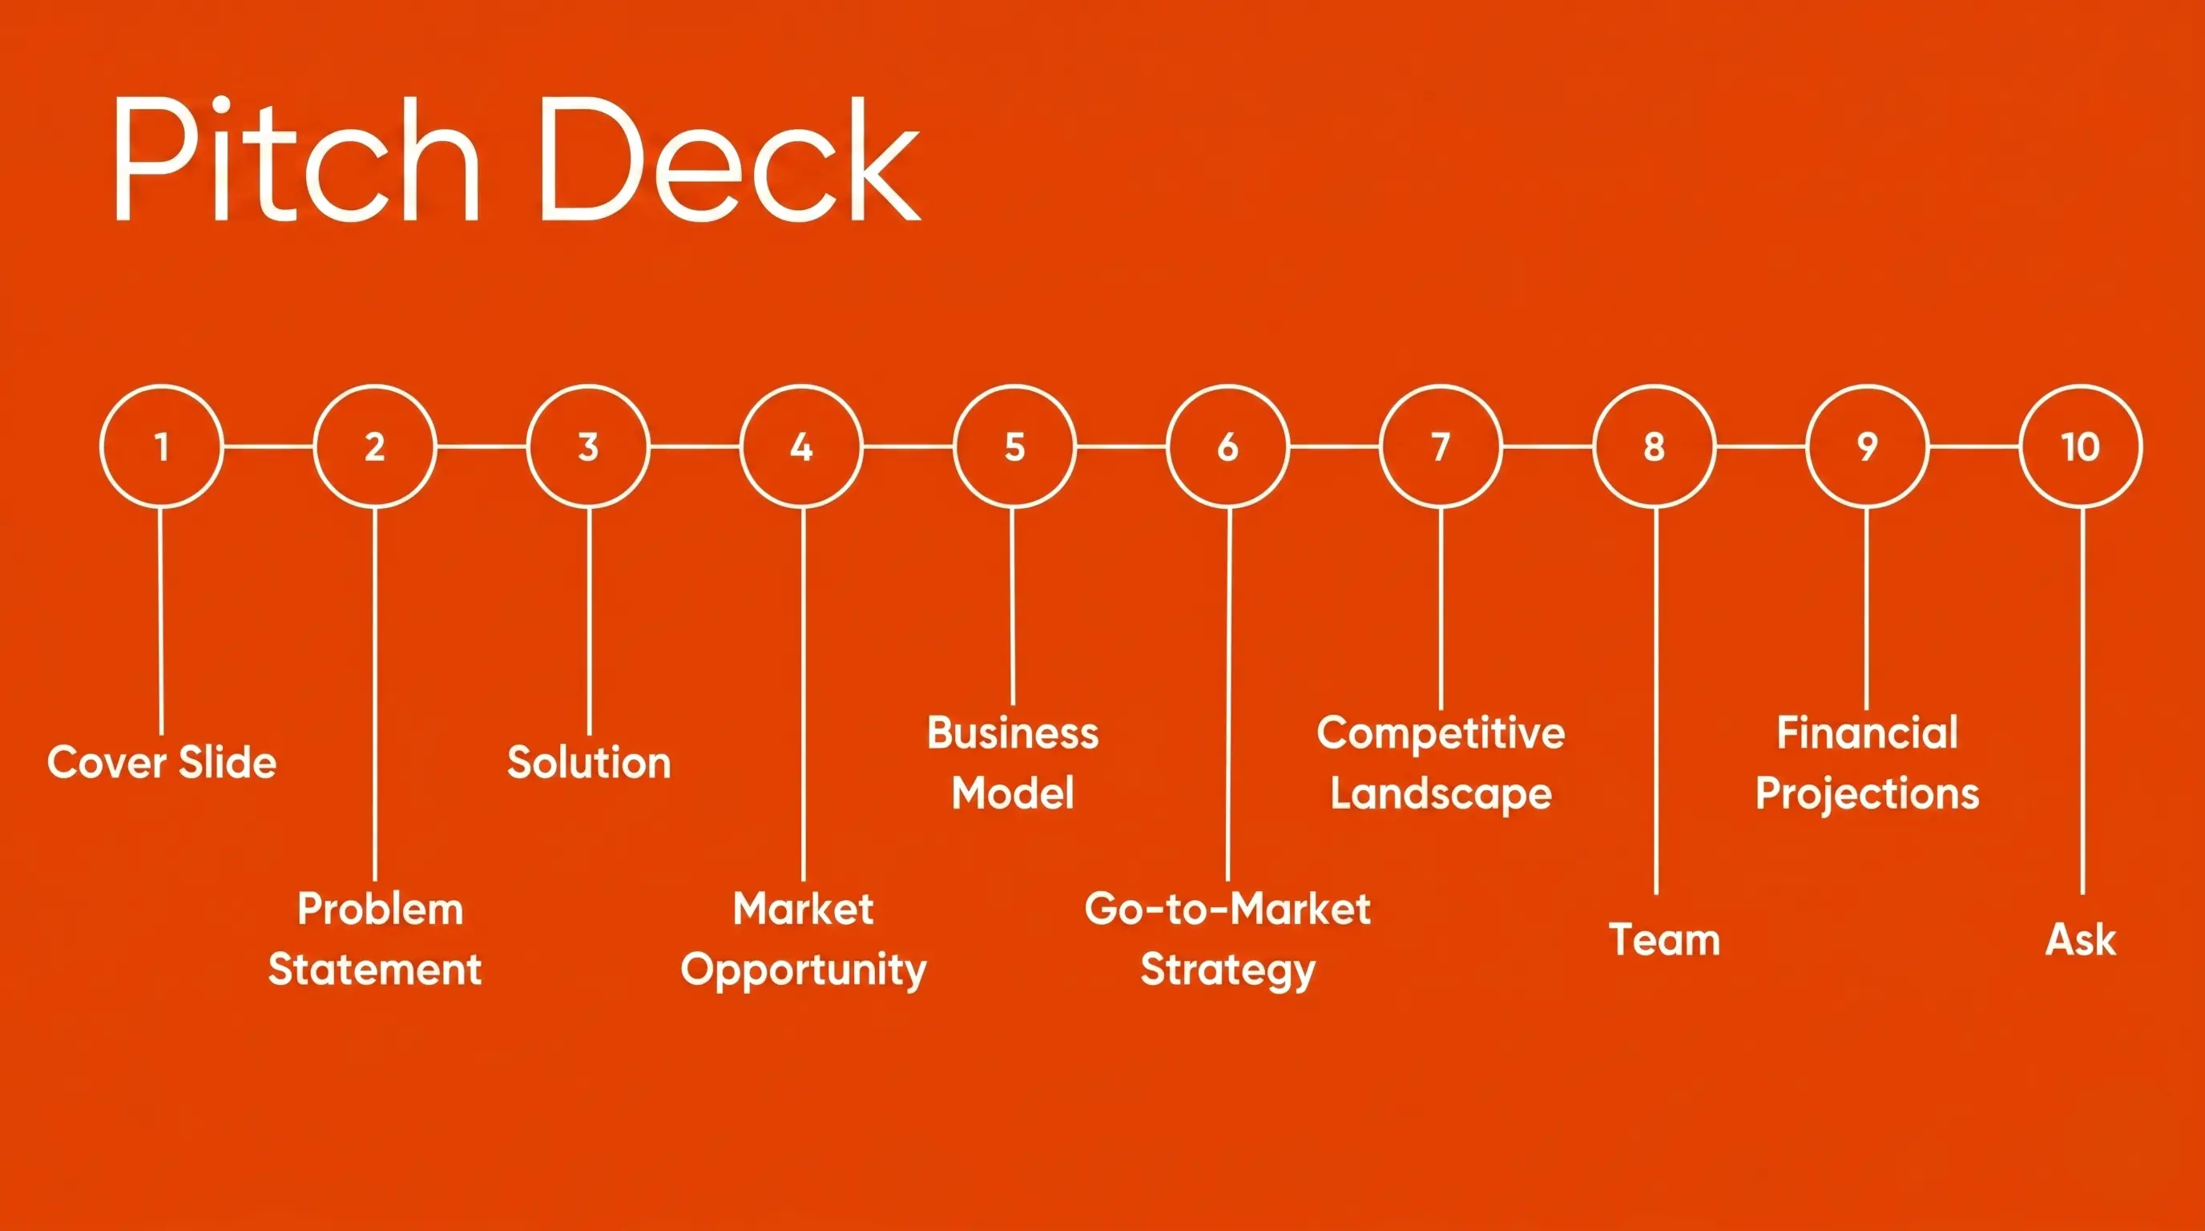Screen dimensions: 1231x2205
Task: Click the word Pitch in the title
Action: click(x=296, y=161)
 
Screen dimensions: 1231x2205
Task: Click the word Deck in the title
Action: click(x=729, y=161)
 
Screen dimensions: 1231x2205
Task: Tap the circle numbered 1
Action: click(x=161, y=446)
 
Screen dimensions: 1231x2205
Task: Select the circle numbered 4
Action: click(x=801, y=446)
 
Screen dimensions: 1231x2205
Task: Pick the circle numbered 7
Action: click(x=1441, y=446)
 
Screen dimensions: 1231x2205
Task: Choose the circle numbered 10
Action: click(x=2080, y=446)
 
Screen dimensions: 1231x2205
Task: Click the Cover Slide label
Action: click(x=162, y=762)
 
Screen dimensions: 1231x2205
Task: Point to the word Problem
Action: click(x=380, y=908)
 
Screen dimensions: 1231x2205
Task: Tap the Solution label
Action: click(x=589, y=762)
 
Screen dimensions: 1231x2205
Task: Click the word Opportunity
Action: click(x=803, y=970)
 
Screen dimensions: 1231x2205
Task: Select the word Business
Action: click(x=1013, y=733)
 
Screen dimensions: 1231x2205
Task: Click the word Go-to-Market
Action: click(x=1227, y=908)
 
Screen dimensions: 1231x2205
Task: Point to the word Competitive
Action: click(x=1441, y=733)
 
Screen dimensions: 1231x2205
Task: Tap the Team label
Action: click(x=1664, y=939)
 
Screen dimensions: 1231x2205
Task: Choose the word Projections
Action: click(x=1867, y=793)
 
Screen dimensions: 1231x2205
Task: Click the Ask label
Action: click(x=2080, y=939)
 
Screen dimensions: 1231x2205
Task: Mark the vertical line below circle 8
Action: click(x=1655, y=702)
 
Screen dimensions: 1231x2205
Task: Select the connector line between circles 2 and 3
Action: click(x=481, y=446)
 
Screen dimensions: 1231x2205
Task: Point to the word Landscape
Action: click(x=1441, y=793)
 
